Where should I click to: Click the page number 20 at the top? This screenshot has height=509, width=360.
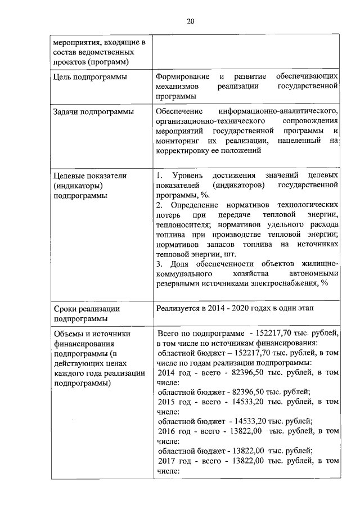[190, 21]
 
